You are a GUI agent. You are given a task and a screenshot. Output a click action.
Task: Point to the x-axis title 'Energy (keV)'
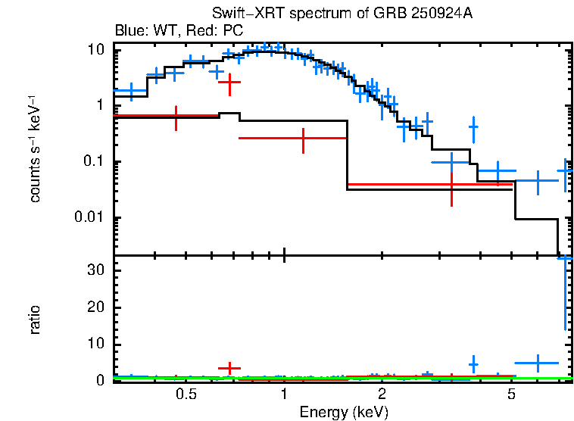343,412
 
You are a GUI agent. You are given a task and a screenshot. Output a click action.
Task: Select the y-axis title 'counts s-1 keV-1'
35,148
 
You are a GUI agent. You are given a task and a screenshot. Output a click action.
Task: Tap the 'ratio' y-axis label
35,319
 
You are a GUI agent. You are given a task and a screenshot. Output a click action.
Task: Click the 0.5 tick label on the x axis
186,394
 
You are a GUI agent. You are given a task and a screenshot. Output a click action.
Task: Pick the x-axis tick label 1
284,394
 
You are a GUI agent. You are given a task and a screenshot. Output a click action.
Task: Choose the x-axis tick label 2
382,394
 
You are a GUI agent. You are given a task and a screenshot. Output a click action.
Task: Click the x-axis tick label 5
511,394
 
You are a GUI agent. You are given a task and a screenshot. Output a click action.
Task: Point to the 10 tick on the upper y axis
95,50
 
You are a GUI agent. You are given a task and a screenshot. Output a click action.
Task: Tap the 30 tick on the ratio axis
95,270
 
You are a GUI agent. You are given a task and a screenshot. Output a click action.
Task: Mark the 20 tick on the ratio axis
95,307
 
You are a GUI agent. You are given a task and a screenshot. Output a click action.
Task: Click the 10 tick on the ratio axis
95,345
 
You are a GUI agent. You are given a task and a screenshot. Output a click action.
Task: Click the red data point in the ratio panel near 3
229,368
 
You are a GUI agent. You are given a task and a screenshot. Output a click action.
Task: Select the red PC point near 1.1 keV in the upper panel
303,139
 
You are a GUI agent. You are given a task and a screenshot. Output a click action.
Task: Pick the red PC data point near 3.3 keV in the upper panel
451,184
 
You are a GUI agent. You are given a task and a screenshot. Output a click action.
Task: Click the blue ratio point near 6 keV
537,363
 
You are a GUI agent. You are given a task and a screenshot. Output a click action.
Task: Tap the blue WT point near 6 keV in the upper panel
537,181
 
